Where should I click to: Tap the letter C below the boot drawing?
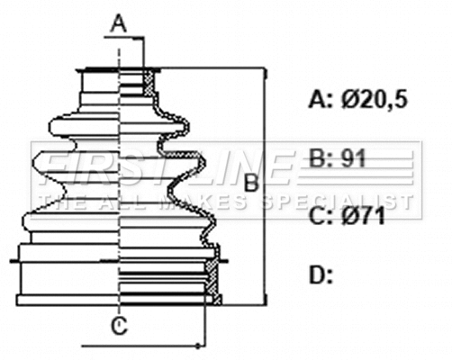pos(119,325)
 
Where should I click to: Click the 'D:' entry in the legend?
pos(321,274)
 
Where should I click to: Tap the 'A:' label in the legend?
pos(321,99)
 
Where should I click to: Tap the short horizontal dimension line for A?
pos(131,38)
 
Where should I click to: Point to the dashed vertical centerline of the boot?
pos(120,180)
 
